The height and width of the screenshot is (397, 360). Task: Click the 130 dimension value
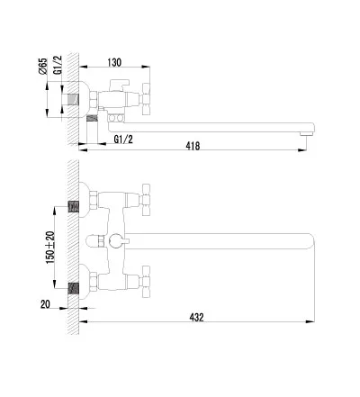114,62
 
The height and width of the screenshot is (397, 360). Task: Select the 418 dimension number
193,146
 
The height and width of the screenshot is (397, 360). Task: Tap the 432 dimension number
196,317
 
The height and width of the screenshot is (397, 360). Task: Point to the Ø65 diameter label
43,66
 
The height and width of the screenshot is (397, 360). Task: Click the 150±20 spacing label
50,248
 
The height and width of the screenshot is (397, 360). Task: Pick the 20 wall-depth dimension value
45,304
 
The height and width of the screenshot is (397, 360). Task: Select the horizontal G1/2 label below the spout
123,140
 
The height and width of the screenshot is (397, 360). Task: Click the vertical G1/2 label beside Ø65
58,65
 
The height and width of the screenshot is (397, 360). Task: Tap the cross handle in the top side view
146,99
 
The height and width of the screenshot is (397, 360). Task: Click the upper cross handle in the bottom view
146,200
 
